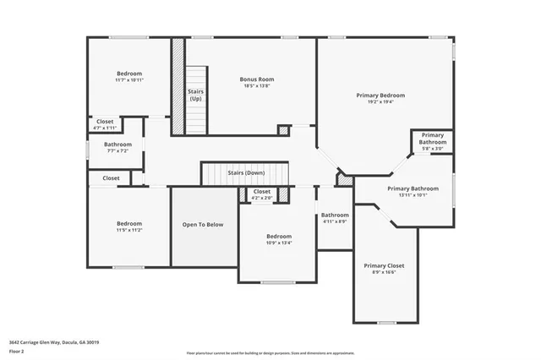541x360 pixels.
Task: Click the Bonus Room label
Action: (x=257, y=79)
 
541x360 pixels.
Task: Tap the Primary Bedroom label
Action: (x=380, y=95)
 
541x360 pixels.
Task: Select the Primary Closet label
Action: (x=385, y=265)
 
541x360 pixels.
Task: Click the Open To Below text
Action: (x=204, y=225)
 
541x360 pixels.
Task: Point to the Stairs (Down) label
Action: (x=246, y=172)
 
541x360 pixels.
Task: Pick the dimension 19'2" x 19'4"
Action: (x=380, y=102)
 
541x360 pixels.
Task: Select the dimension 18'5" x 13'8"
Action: (x=257, y=86)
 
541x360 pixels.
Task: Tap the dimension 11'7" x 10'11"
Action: (x=129, y=80)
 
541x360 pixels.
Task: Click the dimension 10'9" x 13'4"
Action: (x=279, y=243)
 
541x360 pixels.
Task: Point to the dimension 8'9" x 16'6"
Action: (x=385, y=272)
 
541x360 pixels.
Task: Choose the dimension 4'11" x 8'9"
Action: (x=335, y=221)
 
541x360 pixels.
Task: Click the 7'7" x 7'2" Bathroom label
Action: (x=117, y=145)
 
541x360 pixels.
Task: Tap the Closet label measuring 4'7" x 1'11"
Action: (x=105, y=122)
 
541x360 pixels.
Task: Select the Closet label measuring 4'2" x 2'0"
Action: (x=262, y=192)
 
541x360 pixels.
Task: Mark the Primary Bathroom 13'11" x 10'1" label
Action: (x=413, y=188)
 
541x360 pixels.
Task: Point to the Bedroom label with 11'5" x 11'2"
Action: (x=129, y=224)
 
